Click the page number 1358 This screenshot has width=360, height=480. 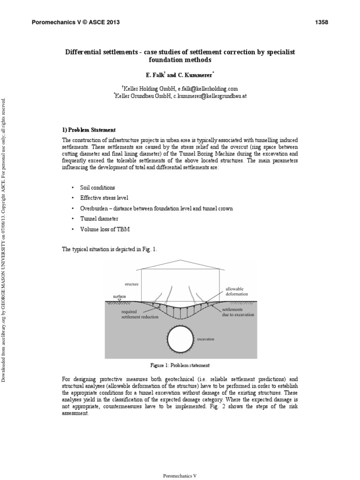[x=321, y=22]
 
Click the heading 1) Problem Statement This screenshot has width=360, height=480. [x=89, y=130]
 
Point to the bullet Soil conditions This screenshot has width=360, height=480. [x=97, y=187]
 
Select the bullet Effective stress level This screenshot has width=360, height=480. [x=104, y=198]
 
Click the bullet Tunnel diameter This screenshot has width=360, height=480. [x=99, y=219]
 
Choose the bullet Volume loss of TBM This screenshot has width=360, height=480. [x=105, y=229]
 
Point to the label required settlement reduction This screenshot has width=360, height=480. [x=139, y=314]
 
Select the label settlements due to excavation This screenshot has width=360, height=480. [x=238, y=312]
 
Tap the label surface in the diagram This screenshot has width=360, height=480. [x=120, y=296]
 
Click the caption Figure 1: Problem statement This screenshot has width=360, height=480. [x=180, y=365]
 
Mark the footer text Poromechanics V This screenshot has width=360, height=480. [x=180, y=475]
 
